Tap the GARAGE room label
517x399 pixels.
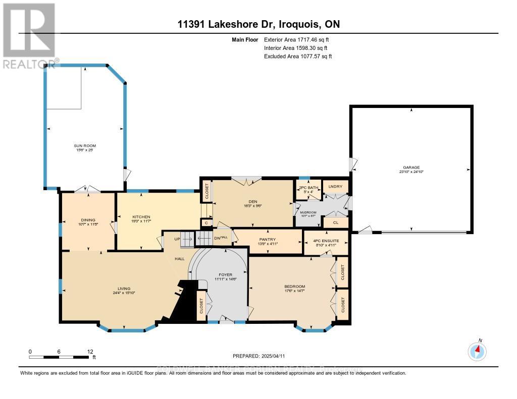[x=411, y=167]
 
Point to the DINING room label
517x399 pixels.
[x=88, y=219]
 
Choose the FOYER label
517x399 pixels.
[x=222, y=275]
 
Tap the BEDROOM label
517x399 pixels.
[x=294, y=287]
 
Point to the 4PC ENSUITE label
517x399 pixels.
[x=325, y=242]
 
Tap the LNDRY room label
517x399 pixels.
[x=335, y=187]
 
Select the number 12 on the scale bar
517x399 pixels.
[x=90, y=351]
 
